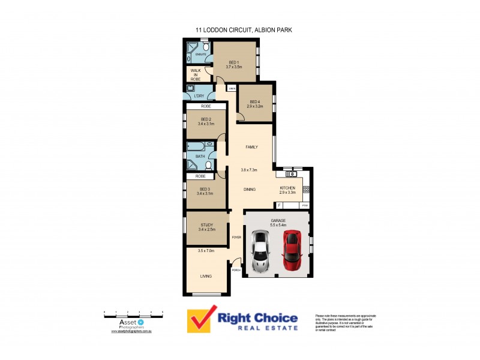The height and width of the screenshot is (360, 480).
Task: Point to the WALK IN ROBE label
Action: [196, 74]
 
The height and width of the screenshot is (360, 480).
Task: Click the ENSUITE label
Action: [201, 55]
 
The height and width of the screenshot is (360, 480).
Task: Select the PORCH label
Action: [236, 270]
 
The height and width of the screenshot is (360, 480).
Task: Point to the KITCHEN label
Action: [288, 188]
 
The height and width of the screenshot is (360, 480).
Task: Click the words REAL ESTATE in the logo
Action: [259, 328]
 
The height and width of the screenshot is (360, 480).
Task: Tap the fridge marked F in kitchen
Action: [280, 206]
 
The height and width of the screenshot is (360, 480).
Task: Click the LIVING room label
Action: [206, 276]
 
